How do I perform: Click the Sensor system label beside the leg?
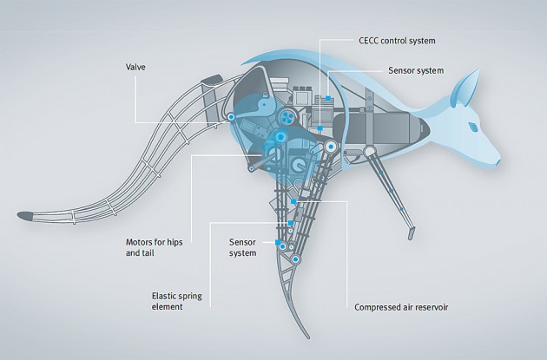242,247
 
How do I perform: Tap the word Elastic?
166,296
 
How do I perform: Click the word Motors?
141,242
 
